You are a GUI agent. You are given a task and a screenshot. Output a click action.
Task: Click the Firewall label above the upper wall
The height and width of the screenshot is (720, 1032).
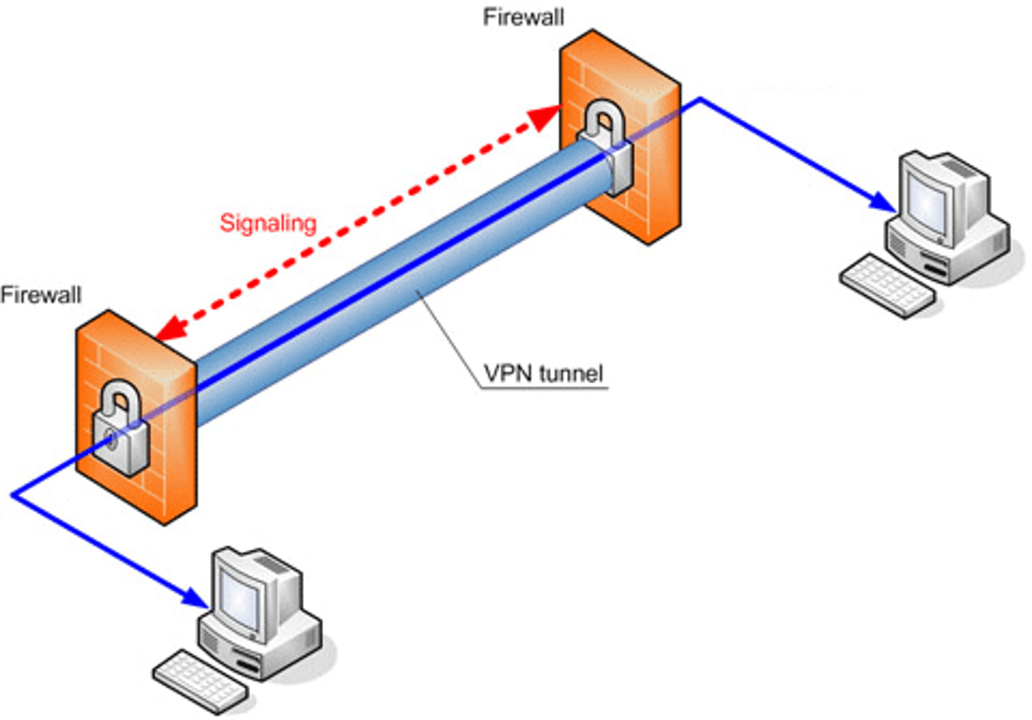(x=523, y=17)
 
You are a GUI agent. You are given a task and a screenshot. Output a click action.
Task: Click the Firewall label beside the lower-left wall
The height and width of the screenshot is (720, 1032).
(x=41, y=294)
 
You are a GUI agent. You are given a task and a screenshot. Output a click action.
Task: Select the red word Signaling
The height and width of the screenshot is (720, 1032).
(x=267, y=223)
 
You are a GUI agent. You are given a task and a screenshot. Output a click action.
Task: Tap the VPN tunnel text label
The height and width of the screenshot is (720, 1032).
(x=543, y=373)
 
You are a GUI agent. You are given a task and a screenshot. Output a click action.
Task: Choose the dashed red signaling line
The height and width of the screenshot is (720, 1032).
(x=358, y=222)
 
